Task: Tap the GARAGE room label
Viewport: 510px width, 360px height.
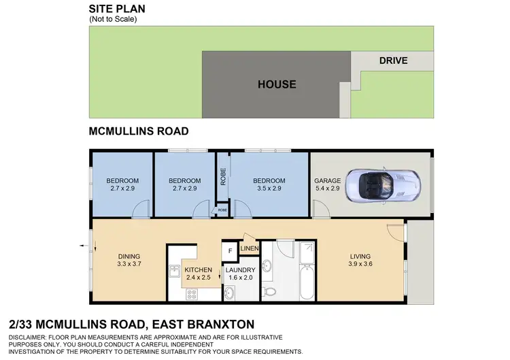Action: (327, 180)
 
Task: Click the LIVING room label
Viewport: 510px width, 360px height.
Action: (362, 257)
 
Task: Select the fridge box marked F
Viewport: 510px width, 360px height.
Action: (230, 251)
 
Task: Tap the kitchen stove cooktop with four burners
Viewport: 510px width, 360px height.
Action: (192, 294)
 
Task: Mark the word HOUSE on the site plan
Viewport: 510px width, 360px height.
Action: (277, 84)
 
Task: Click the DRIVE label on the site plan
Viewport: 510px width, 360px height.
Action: (393, 61)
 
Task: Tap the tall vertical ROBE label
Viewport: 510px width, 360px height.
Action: (222, 177)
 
